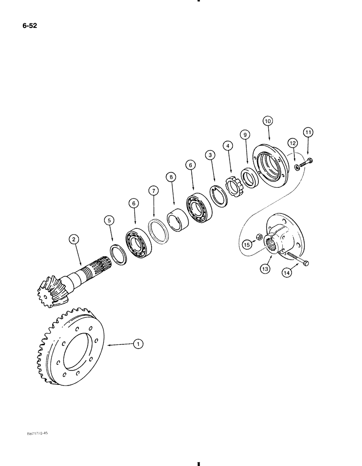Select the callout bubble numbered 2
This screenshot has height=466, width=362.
73,240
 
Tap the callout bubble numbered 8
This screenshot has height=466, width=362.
171,177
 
